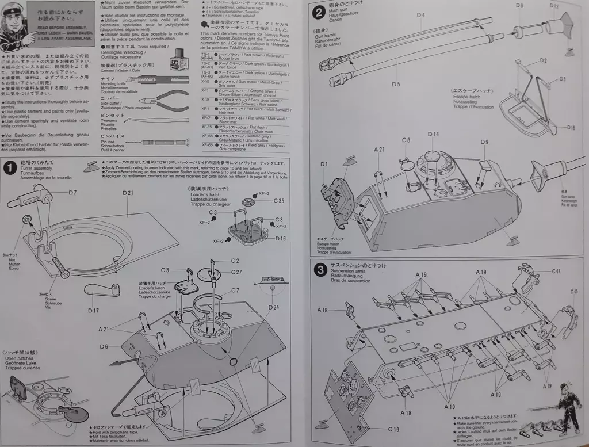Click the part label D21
point(127,193)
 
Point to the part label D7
point(72,192)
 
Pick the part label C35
point(278,201)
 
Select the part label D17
point(94,311)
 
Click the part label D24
point(273,307)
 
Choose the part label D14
point(433,134)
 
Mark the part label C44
point(556,271)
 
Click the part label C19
point(393,429)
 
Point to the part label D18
point(571,127)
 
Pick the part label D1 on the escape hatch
point(324,165)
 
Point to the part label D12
point(553,6)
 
